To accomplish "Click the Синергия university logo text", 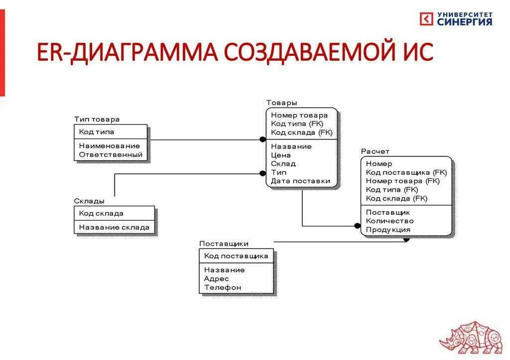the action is pyautogui.click(x=464, y=18).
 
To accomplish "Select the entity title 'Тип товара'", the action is pyautogui.click(x=97, y=120).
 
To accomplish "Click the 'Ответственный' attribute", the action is pyautogui.click(x=111, y=155).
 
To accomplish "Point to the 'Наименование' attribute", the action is pyautogui.click(x=110, y=146).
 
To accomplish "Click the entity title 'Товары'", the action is pyautogui.click(x=281, y=103).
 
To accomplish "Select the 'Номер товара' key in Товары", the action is pyautogui.click(x=299, y=116).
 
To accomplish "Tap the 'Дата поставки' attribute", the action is pyautogui.click(x=300, y=181).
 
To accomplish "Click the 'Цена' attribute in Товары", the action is pyautogui.click(x=281, y=155).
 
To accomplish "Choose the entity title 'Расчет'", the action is pyautogui.click(x=375, y=151).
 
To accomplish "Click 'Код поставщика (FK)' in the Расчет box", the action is pyautogui.click(x=406, y=172).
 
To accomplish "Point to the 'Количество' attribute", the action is pyautogui.click(x=389, y=221).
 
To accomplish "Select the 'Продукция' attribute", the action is pyautogui.click(x=388, y=230).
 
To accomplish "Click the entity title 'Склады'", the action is pyautogui.click(x=89, y=201).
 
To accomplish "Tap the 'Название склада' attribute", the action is pyautogui.click(x=114, y=227).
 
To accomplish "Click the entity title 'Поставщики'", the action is pyautogui.click(x=224, y=243).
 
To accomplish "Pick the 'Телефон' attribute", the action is pyautogui.click(x=222, y=287).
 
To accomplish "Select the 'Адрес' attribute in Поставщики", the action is pyautogui.click(x=217, y=278).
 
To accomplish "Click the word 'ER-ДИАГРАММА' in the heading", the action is pyautogui.click(x=127, y=53).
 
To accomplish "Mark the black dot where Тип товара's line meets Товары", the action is pyautogui.click(x=263, y=139).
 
